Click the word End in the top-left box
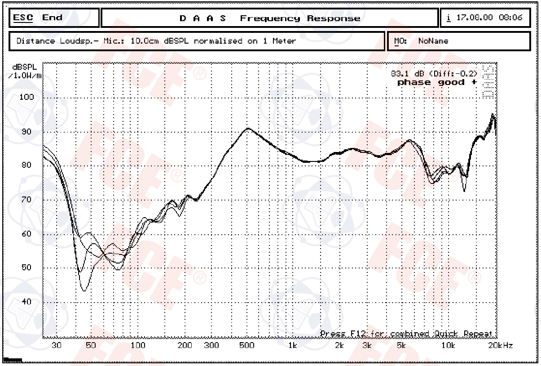coord(52,18)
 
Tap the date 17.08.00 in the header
coord(475,18)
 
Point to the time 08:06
coord(510,18)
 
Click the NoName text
coord(433,41)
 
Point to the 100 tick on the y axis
coord(26,97)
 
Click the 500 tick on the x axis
coord(247,345)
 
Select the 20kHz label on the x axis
coord(500,345)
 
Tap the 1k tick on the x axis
coord(293,345)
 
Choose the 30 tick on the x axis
coord(57,345)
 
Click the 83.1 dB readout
coord(407,73)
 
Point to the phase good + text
coord(437,82)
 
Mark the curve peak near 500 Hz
coord(248,129)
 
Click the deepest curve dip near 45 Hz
coord(84,290)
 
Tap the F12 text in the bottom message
coord(352,334)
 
